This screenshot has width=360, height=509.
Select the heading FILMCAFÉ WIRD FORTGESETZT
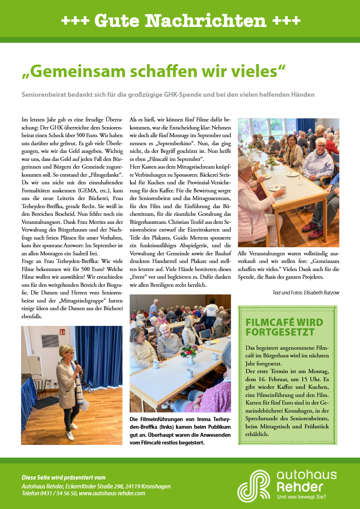pos(285,327)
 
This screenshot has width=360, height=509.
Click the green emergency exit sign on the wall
pos(62,332)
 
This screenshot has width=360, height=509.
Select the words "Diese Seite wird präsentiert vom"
pos(63,478)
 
